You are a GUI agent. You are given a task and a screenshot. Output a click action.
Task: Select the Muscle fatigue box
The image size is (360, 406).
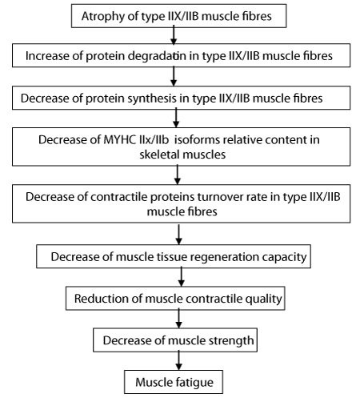click(174, 382)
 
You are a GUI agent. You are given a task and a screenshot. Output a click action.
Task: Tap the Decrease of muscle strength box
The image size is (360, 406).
click(175, 340)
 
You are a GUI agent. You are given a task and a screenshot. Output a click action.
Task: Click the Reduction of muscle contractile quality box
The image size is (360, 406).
click(175, 299)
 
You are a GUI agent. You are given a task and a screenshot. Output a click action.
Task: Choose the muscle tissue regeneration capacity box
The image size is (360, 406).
click(174, 256)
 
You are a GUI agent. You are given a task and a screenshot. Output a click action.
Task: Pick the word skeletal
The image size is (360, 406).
click(159, 155)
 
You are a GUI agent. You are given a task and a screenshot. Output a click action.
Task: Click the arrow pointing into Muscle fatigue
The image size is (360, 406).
click(179, 361)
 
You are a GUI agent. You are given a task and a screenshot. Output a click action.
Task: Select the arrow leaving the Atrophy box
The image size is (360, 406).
click(174, 35)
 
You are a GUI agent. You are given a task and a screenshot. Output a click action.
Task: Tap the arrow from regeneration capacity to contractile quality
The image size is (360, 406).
click(182, 277)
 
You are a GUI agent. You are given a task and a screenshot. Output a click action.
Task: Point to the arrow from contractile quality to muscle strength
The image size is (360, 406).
click(179, 320)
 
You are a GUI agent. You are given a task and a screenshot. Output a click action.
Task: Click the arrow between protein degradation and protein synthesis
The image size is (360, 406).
click(174, 76)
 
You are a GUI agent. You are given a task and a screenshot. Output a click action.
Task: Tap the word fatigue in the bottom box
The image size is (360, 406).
click(194, 383)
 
